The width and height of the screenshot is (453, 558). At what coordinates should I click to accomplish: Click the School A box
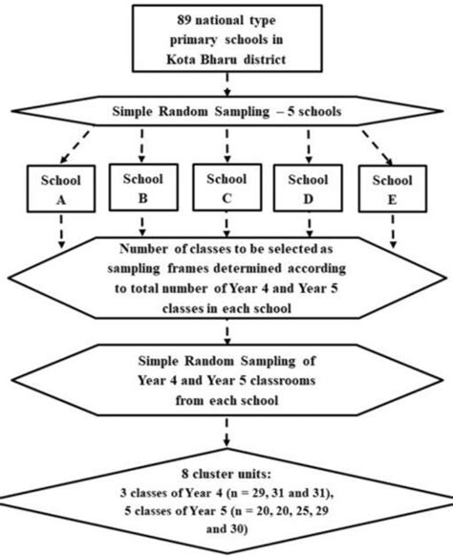(x=61, y=190)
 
